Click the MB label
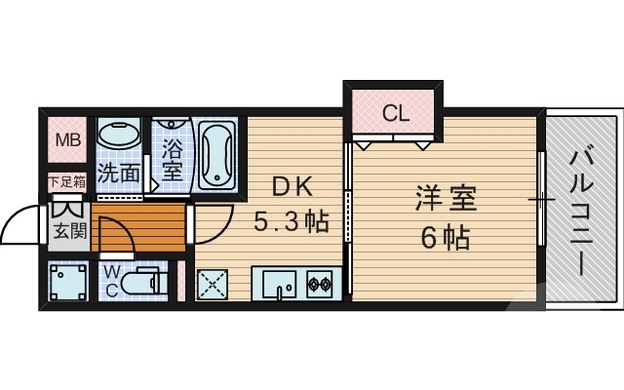click(x=67, y=140)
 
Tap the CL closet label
click(x=394, y=113)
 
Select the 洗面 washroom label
click(x=118, y=175)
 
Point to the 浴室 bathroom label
click(x=172, y=158)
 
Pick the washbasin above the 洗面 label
click(x=118, y=136)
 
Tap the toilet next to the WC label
click(x=152, y=281)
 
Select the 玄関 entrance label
click(x=67, y=232)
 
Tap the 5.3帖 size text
click(x=291, y=222)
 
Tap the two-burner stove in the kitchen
click(x=319, y=285)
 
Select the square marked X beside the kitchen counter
click(x=214, y=285)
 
